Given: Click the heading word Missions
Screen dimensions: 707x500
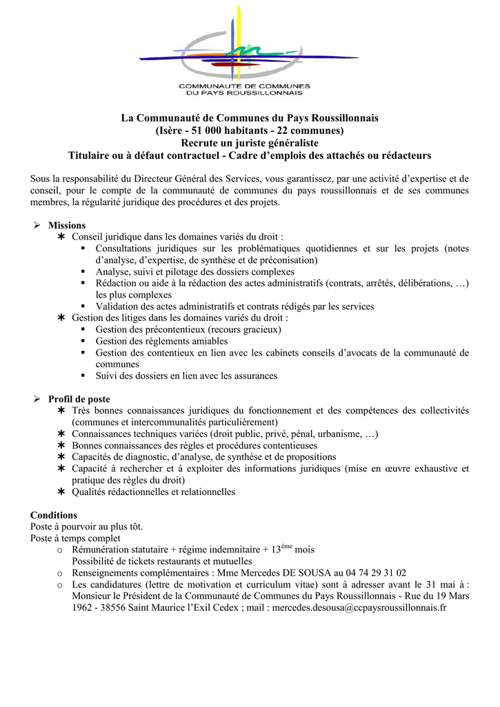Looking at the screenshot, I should tap(67, 226).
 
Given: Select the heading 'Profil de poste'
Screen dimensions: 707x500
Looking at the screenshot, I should tap(79, 399).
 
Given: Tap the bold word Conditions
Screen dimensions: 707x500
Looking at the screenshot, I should tap(54, 515).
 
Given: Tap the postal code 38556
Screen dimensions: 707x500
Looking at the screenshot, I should tap(116, 608).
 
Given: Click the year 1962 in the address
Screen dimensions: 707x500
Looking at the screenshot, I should tap(83, 608).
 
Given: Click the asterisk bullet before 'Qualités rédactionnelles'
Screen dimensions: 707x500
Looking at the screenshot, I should tap(61, 492).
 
